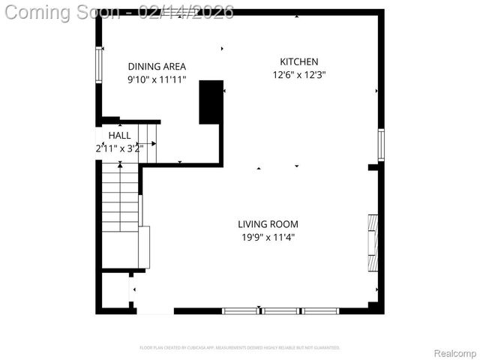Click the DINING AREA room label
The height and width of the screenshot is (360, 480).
pos(157,66)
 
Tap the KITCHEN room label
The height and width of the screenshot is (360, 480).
pos(299,61)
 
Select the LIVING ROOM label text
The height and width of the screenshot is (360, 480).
pos(268,223)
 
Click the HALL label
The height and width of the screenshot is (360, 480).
pos(119,136)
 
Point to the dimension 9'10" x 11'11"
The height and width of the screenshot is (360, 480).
pos(157,79)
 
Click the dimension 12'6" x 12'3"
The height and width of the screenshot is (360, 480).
pos(299,74)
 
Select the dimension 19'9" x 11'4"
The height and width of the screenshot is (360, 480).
pos(268,237)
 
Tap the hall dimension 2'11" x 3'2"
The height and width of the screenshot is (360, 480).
pos(119,148)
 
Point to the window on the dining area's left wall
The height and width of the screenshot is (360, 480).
pos(97,64)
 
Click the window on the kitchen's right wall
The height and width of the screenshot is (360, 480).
pos(381,145)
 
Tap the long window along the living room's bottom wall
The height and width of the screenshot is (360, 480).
pos(280,310)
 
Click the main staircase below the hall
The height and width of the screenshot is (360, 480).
pos(120,199)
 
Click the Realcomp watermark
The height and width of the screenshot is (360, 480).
pos(454,353)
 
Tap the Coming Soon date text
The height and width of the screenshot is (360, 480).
pos(118,12)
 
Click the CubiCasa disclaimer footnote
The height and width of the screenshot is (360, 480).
pos(240,348)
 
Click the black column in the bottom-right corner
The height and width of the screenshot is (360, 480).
pos(373,306)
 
